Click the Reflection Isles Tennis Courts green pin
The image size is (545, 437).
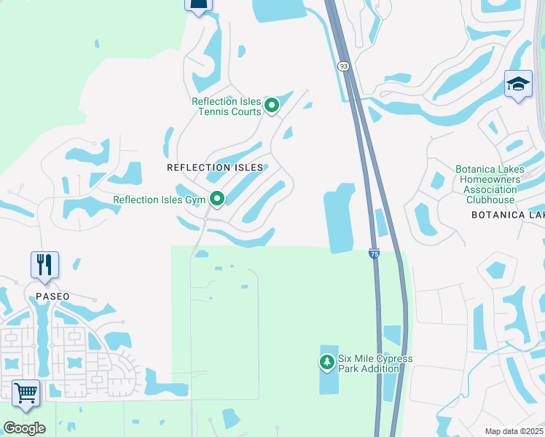(272, 106)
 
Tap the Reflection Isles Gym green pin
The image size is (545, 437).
(216, 198)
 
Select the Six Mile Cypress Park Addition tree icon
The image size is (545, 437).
(327, 361)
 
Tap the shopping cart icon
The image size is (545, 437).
(26, 393)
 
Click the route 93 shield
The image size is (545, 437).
(343, 66)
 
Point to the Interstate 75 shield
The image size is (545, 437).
(373, 254)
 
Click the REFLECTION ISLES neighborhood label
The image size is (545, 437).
(214, 168)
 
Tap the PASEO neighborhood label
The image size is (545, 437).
(53, 296)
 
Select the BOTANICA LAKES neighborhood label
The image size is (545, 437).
(508, 215)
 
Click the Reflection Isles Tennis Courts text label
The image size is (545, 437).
(226, 106)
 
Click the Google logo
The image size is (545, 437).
(24, 428)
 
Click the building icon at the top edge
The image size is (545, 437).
(198, 5)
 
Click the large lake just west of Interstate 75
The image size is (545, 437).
(340, 219)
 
